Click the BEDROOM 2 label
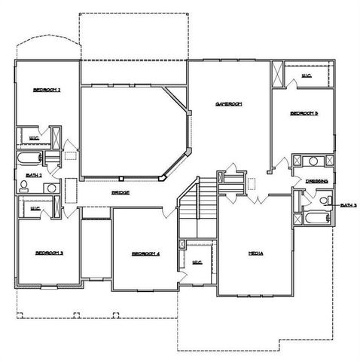(47, 90)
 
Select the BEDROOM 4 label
(145, 253)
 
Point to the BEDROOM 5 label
(305, 113)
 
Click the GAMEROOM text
(227, 103)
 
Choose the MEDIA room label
(255, 253)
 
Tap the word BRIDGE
(121, 193)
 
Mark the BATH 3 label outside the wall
(347, 205)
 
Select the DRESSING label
(316, 181)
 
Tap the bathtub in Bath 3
(314, 219)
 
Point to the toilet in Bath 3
(325, 200)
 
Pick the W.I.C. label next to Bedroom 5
(307, 75)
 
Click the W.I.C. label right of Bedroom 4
(198, 262)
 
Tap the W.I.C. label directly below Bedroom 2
(34, 138)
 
